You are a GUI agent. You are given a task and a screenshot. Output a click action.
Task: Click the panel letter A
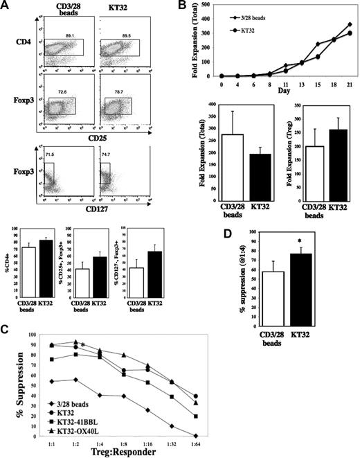tap(6, 6)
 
